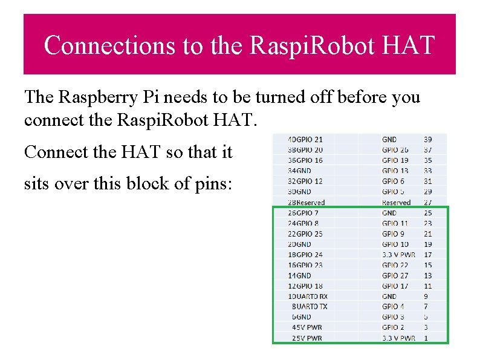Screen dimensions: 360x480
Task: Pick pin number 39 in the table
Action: pyautogui.click(x=427, y=140)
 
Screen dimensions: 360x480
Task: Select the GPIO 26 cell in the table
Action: pyautogui.click(x=395, y=150)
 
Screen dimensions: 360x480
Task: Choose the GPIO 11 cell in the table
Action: pyautogui.click(x=395, y=223)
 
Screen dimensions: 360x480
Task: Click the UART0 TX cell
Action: pyautogui.click(x=313, y=307)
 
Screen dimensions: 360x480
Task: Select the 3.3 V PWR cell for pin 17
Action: pyautogui.click(x=398, y=255)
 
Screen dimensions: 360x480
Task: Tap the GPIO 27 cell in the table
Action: pyautogui.click(x=395, y=276)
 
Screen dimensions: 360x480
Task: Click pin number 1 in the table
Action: pyautogui.click(x=426, y=338)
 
